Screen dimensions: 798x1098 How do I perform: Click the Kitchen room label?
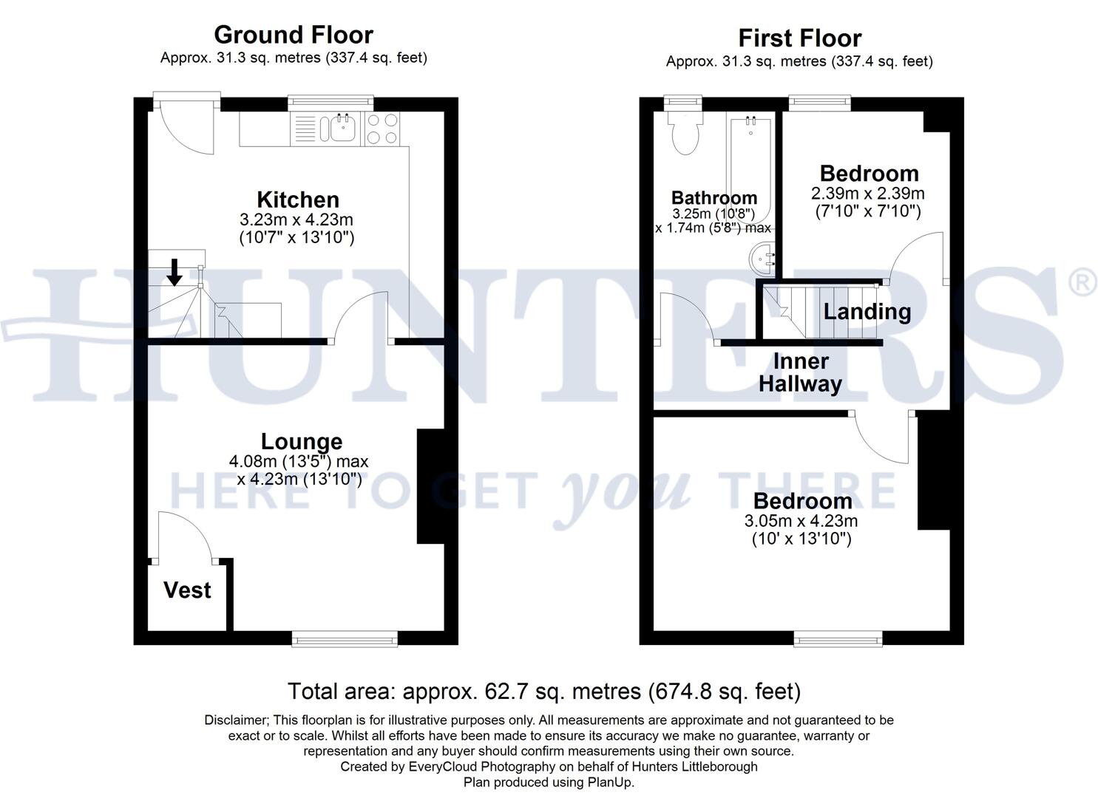pyautogui.click(x=298, y=199)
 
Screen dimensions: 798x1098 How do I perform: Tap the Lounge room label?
pyautogui.click(x=302, y=441)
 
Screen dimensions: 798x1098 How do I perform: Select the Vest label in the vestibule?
pyautogui.click(x=187, y=590)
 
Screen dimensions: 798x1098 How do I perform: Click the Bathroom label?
pyautogui.click(x=714, y=198)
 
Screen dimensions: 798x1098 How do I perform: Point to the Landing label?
pyautogui.click(x=867, y=311)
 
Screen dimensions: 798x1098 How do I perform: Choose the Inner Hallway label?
pyautogui.click(x=801, y=372)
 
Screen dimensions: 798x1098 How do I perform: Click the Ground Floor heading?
pyautogui.click(x=294, y=35)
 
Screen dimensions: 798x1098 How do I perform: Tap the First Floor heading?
pyautogui.click(x=799, y=38)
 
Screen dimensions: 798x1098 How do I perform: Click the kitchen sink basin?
pyautogui.click(x=343, y=129)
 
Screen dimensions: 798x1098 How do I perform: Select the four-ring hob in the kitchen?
pyautogui.click(x=382, y=129)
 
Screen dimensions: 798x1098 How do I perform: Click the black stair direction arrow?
pyautogui.click(x=174, y=271)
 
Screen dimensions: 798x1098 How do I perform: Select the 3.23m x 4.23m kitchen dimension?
pyautogui.click(x=296, y=219)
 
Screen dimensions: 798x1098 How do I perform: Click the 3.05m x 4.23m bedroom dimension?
pyautogui.click(x=802, y=521)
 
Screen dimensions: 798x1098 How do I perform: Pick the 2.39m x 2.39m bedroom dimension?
pyautogui.click(x=868, y=194)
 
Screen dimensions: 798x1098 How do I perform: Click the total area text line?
pyautogui.click(x=543, y=692)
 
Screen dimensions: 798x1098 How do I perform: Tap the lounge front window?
pyautogui.click(x=345, y=638)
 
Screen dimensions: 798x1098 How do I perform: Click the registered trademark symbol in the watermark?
pyautogui.click(x=1084, y=283)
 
